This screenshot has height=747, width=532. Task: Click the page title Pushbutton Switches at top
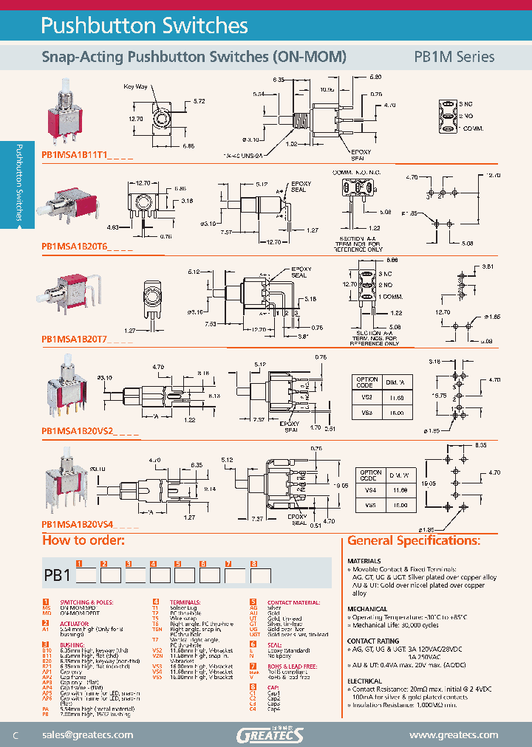(144, 26)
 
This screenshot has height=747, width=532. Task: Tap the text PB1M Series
(454, 57)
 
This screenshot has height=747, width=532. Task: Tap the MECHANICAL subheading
(368, 609)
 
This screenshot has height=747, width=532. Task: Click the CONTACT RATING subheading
(375, 641)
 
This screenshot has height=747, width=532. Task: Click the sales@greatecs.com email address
(88, 734)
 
